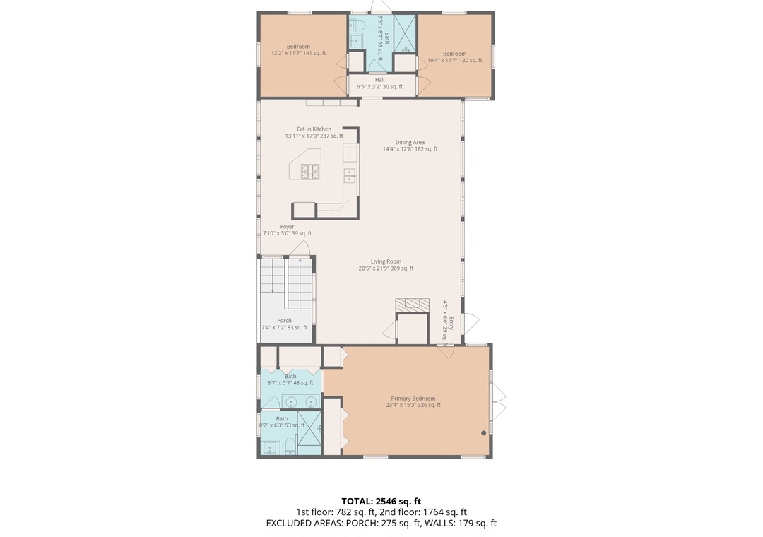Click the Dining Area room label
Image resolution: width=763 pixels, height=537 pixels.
click(410, 146)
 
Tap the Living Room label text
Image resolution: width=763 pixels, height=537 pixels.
click(386, 265)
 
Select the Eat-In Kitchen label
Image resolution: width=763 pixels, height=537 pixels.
click(314, 132)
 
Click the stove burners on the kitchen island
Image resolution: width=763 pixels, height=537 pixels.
click(310, 172)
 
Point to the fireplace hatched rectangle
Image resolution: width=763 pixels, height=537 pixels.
click(412, 305)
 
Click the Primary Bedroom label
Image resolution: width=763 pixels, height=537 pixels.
click(413, 401)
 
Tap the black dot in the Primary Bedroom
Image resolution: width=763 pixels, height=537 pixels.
click(483, 433)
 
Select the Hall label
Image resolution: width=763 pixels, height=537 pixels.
click(379, 83)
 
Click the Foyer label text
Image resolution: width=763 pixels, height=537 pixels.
click(287, 230)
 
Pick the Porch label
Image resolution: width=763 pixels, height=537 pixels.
click(284, 324)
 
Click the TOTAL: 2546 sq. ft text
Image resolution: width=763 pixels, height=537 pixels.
click(381, 501)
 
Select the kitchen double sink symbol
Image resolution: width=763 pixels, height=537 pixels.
click(350, 175)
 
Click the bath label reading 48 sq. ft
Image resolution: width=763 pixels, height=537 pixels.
click(290, 379)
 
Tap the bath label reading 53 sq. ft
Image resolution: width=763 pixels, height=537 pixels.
click(282, 422)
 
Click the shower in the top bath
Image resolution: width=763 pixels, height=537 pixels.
click(405, 33)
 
